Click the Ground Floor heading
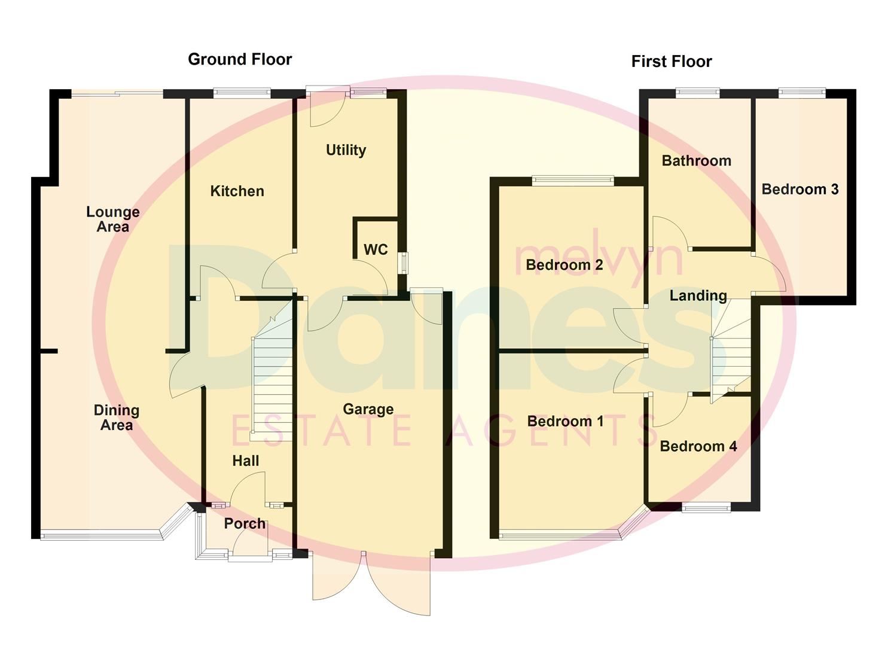pyautogui.click(x=240, y=59)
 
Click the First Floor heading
pyautogui.click(x=672, y=62)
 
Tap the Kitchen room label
pyautogui.click(x=237, y=191)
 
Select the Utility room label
pyautogui.click(x=346, y=150)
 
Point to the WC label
pyautogui.click(x=376, y=249)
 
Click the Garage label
pyautogui.click(x=368, y=409)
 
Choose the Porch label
pyautogui.click(x=245, y=523)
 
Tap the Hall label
pyautogui.click(x=246, y=461)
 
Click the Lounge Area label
pyautogui.click(x=112, y=219)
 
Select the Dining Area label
pyautogui.click(x=117, y=418)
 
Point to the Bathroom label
pyautogui.click(x=696, y=160)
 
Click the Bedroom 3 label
pyautogui.click(x=799, y=189)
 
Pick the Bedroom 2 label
pyautogui.click(x=564, y=264)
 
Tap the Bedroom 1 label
pyautogui.click(x=565, y=421)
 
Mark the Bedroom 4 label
pyautogui.click(x=698, y=446)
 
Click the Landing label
pyautogui.click(x=698, y=295)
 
